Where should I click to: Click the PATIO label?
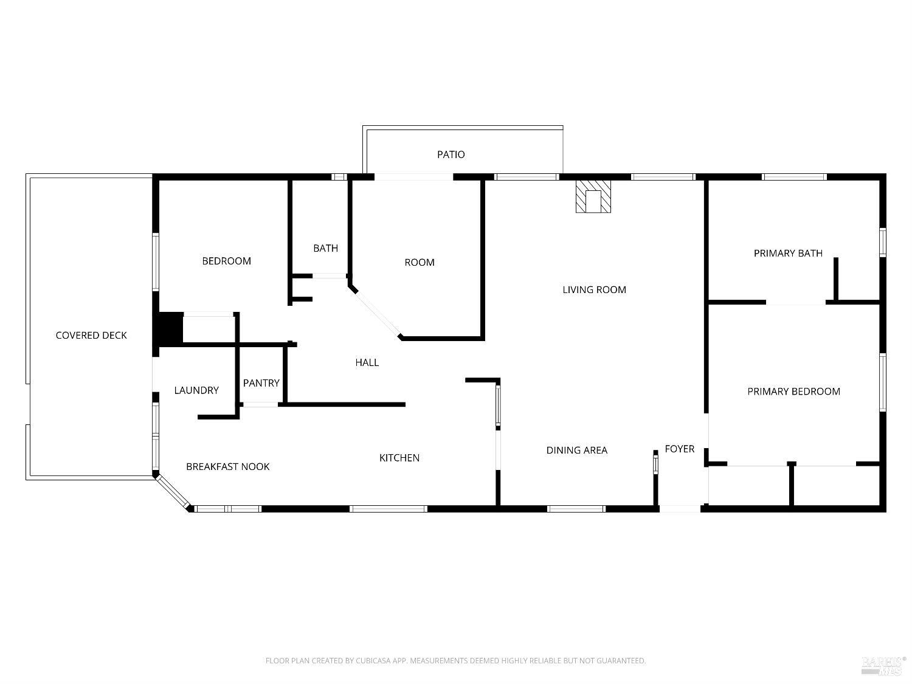coord(451,154)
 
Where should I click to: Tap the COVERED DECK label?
coord(91,335)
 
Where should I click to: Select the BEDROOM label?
coord(226,261)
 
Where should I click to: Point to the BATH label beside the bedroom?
coord(325,248)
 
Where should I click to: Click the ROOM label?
coord(420,262)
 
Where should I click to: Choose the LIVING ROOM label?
coord(594,289)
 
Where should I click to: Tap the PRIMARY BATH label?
coord(788,253)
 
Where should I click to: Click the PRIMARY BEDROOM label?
coord(793,391)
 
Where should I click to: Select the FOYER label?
coord(679,449)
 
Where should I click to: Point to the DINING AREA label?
coord(577,450)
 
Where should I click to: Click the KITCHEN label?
coord(399,458)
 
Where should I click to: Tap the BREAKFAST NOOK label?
coord(227,466)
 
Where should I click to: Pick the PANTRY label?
coord(261,382)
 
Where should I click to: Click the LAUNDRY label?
coord(196,390)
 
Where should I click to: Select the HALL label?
coord(367,362)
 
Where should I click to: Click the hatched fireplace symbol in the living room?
coord(593,196)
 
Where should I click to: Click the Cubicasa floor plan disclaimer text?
coord(455,660)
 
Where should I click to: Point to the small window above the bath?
coord(339,177)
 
